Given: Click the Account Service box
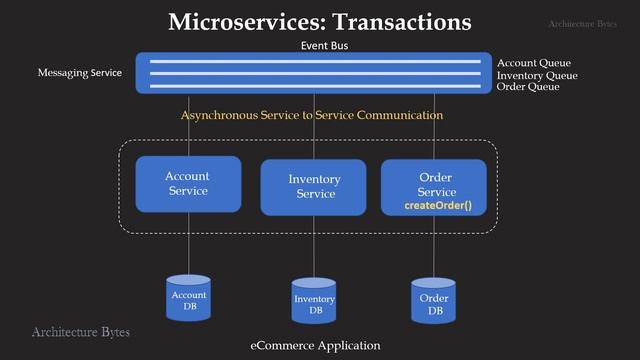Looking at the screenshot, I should tap(188, 183).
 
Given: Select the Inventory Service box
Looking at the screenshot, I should tap(313, 187).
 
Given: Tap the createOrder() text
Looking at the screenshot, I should tap(437, 205).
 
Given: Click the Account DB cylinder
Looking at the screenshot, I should tap(188, 299).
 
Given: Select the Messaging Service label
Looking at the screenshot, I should tap(79, 73).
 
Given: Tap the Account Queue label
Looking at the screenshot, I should tap(534, 63).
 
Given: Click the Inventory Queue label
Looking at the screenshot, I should tap(537, 75).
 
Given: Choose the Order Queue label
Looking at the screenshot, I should tap(528, 87).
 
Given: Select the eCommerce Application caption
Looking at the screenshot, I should tap(315, 345).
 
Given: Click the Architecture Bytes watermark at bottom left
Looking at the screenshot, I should tap(80, 331).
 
